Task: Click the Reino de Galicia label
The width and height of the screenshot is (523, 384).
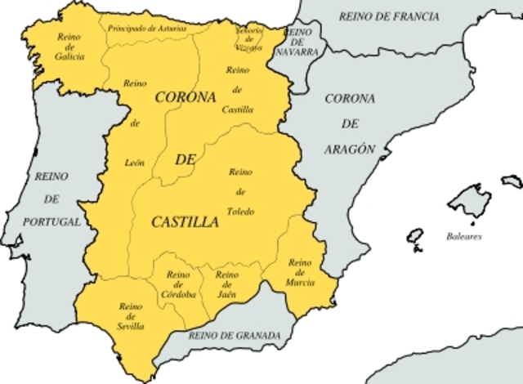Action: pos(70,46)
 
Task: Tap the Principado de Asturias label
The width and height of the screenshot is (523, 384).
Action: pos(146,29)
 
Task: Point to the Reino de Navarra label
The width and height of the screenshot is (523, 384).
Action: pos(297,41)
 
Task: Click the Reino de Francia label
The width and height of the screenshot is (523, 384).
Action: pos(389,16)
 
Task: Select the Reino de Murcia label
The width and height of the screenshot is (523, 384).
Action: pos(300,272)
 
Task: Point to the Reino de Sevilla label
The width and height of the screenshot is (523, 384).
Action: pos(131,316)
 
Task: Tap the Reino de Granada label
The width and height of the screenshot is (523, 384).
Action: pos(234,336)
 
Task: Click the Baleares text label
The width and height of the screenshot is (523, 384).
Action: pos(463,236)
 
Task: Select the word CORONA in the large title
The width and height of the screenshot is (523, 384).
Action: pos(185,97)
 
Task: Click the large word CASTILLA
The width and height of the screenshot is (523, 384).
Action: pos(185,221)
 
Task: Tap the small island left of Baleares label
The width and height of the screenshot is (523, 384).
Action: pos(415,239)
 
